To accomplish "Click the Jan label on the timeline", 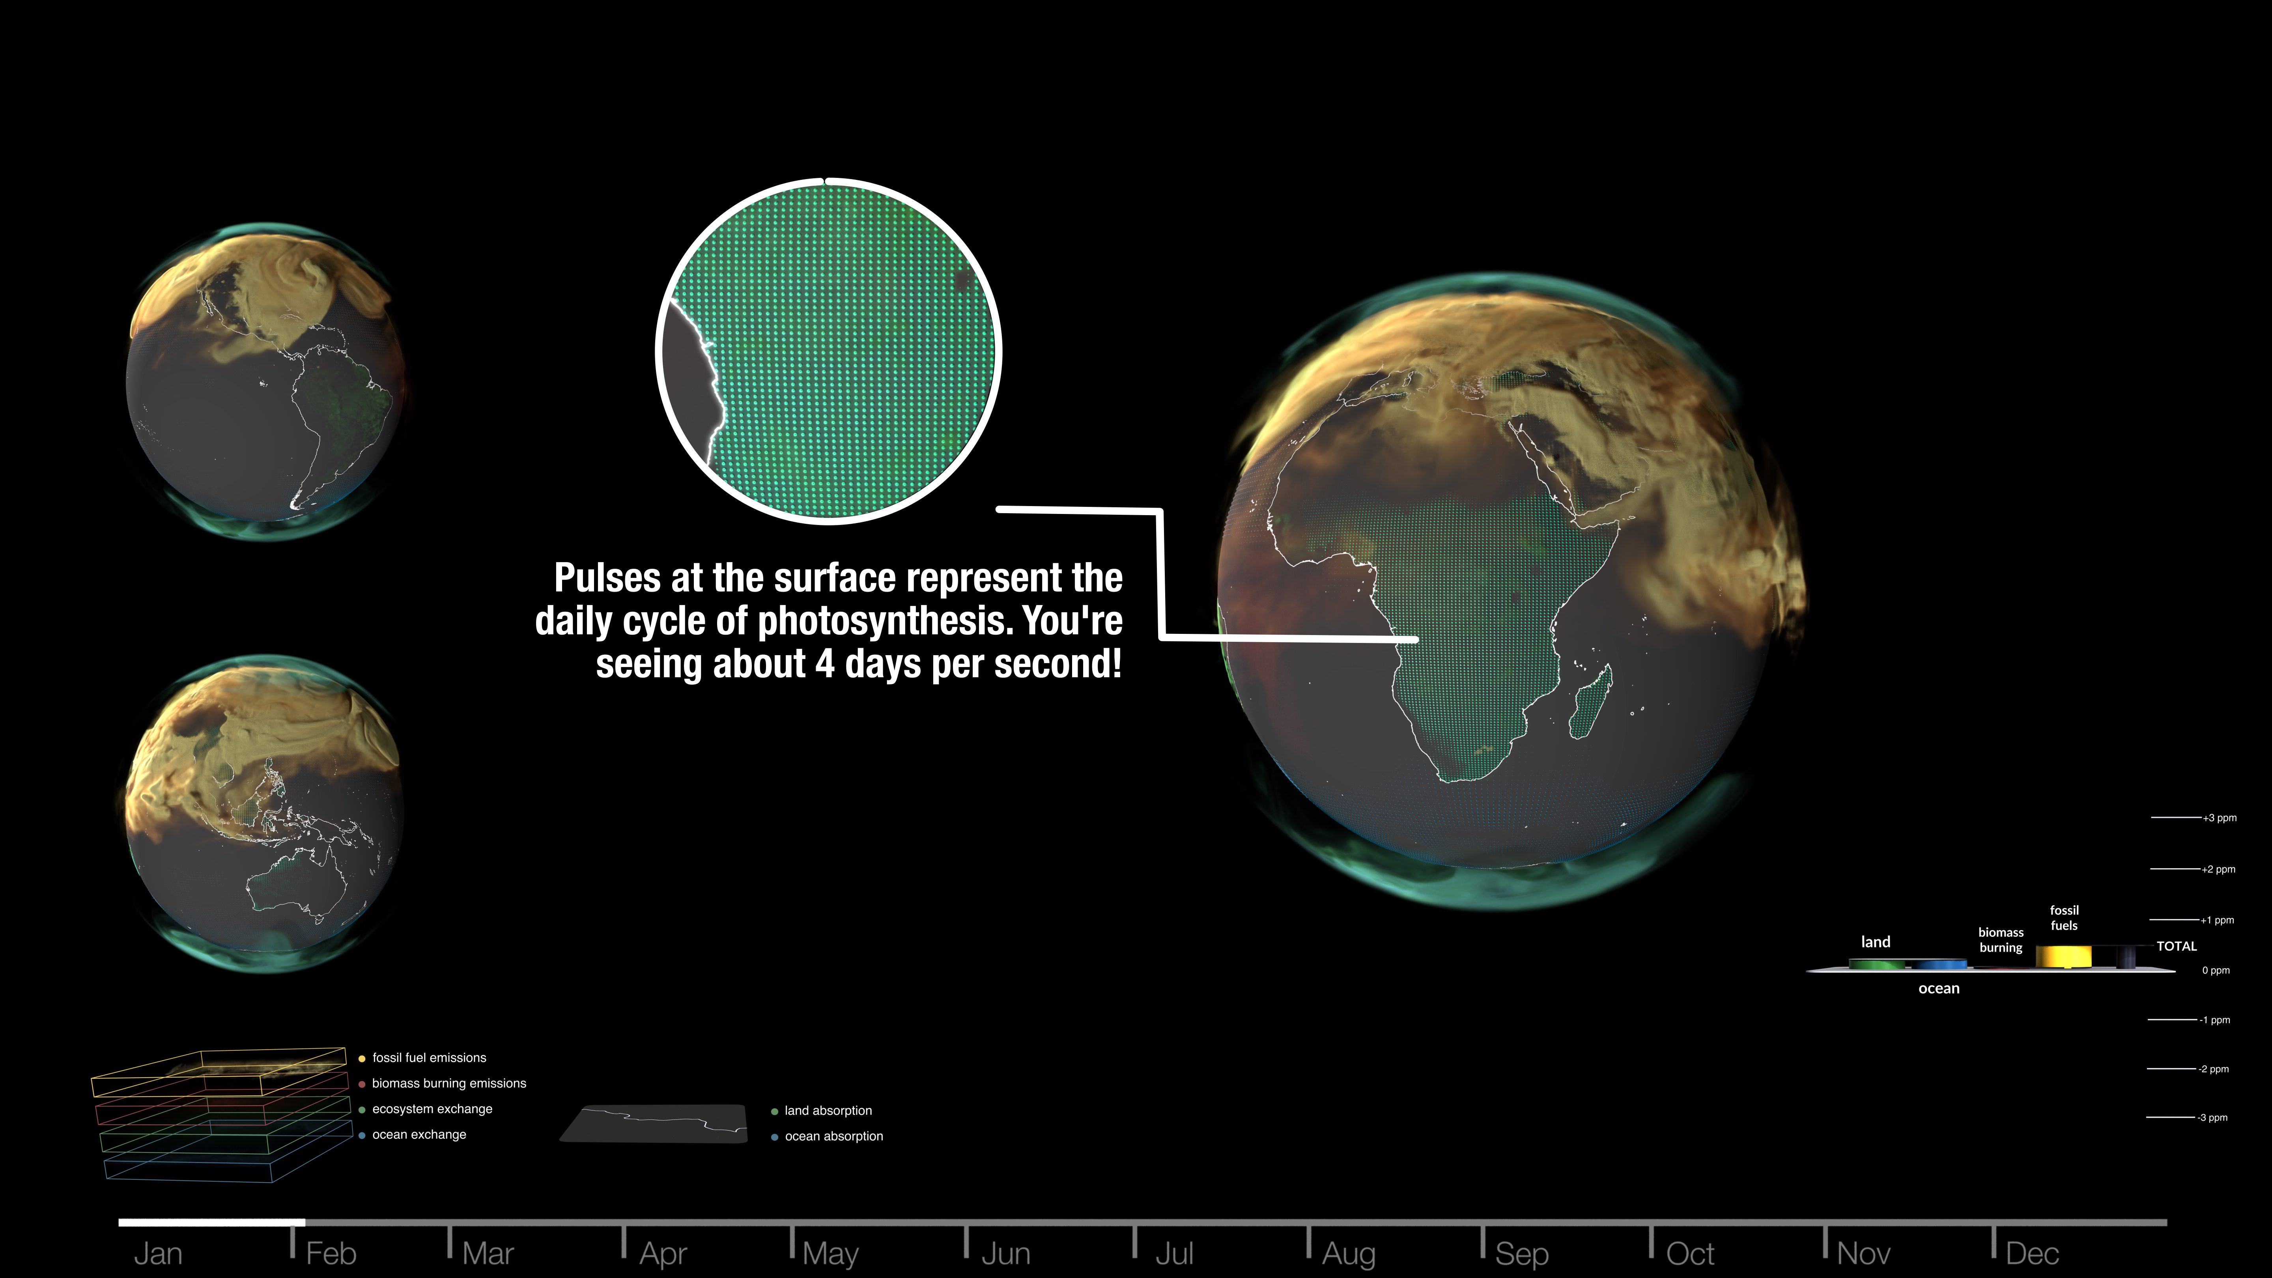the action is tap(158, 1253).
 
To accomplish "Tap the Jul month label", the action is tap(1174, 1253).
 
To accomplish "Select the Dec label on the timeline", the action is tap(2032, 1253).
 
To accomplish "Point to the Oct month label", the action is tap(1690, 1253).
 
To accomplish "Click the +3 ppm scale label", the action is tap(2219, 818).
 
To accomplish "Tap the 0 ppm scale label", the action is tap(2216, 970).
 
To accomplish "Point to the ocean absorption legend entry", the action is tap(827, 1136).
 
